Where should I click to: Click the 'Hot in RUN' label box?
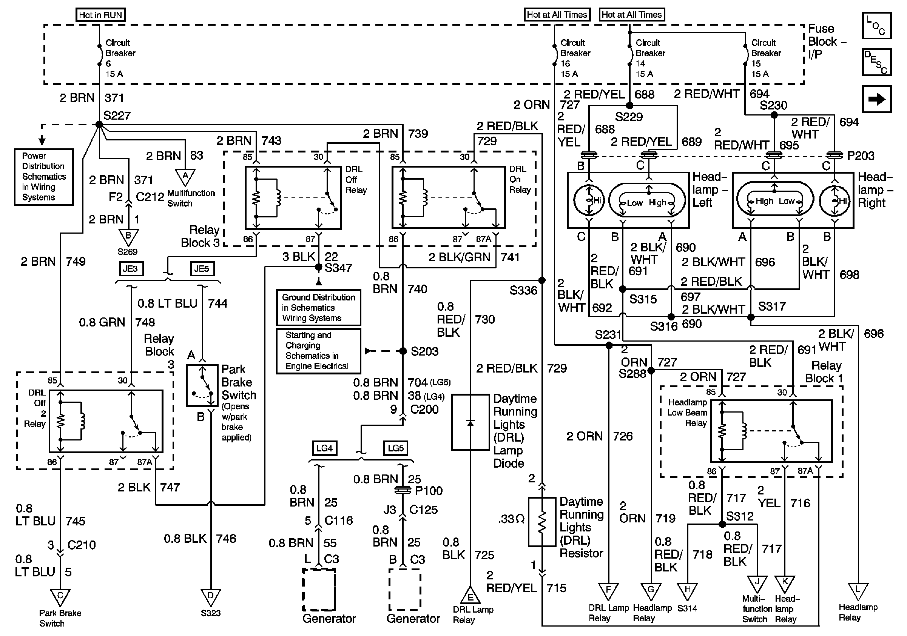click(100, 15)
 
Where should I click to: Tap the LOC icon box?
click(876, 26)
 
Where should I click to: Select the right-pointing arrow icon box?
click(876, 99)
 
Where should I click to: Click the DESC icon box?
click(876, 62)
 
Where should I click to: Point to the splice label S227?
click(117, 115)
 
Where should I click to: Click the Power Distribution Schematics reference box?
click(44, 177)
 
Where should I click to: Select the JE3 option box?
click(131, 269)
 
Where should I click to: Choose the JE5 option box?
click(202, 269)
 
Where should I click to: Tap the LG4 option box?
click(324, 448)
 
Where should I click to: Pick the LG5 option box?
click(395, 448)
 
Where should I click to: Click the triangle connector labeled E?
click(470, 595)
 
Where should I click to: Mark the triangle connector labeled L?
click(858, 591)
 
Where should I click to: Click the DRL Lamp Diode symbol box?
click(470, 422)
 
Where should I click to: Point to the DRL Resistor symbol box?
click(542, 522)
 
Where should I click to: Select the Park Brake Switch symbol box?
click(202, 385)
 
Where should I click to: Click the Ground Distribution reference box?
click(318, 308)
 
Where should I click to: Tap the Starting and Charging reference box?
click(318, 351)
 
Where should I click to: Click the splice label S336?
click(523, 291)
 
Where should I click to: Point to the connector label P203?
click(861, 156)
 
